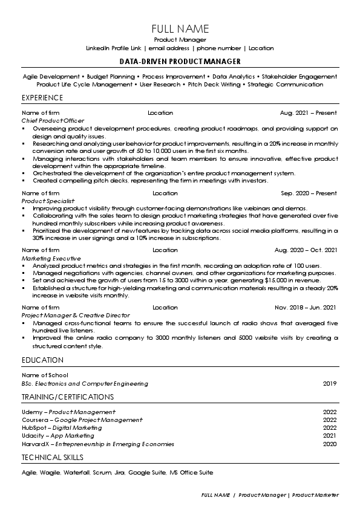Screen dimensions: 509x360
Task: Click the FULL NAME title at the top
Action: pyautogui.click(x=180, y=28)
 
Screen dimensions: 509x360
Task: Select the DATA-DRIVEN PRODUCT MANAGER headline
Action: pyautogui.click(x=180, y=62)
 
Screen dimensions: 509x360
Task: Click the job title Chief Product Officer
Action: pyautogui.click(x=53, y=121)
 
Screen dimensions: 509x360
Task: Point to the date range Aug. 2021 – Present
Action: pyautogui.click(x=309, y=113)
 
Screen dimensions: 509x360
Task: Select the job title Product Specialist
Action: pyautogui.click(x=48, y=200)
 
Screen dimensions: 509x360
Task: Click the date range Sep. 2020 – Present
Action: pyautogui.click(x=309, y=193)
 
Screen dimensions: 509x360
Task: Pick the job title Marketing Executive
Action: pyautogui.click(x=50, y=258)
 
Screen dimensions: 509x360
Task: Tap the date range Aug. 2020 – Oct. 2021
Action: pyautogui.click(x=306, y=250)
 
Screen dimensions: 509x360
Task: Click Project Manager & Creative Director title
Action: pyautogui.click(x=76, y=316)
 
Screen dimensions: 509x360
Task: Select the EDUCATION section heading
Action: pyautogui.click(x=42, y=360)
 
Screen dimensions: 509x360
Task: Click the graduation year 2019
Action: pyautogui.click(x=330, y=383)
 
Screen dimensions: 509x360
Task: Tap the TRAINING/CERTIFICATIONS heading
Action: pyautogui.click(x=67, y=397)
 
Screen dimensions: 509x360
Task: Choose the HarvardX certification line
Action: pyautogui.click(x=97, y=444)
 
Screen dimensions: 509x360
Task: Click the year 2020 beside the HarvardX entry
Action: pyautogui.click(x=330, y=444)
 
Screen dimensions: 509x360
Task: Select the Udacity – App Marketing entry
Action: pyautogui.click(x=58, y=435)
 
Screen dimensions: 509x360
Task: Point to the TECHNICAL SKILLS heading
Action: pyautogui.click(x=53, y=457)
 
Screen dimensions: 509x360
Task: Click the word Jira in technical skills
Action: pyautogui.click(x=119, y=472)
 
